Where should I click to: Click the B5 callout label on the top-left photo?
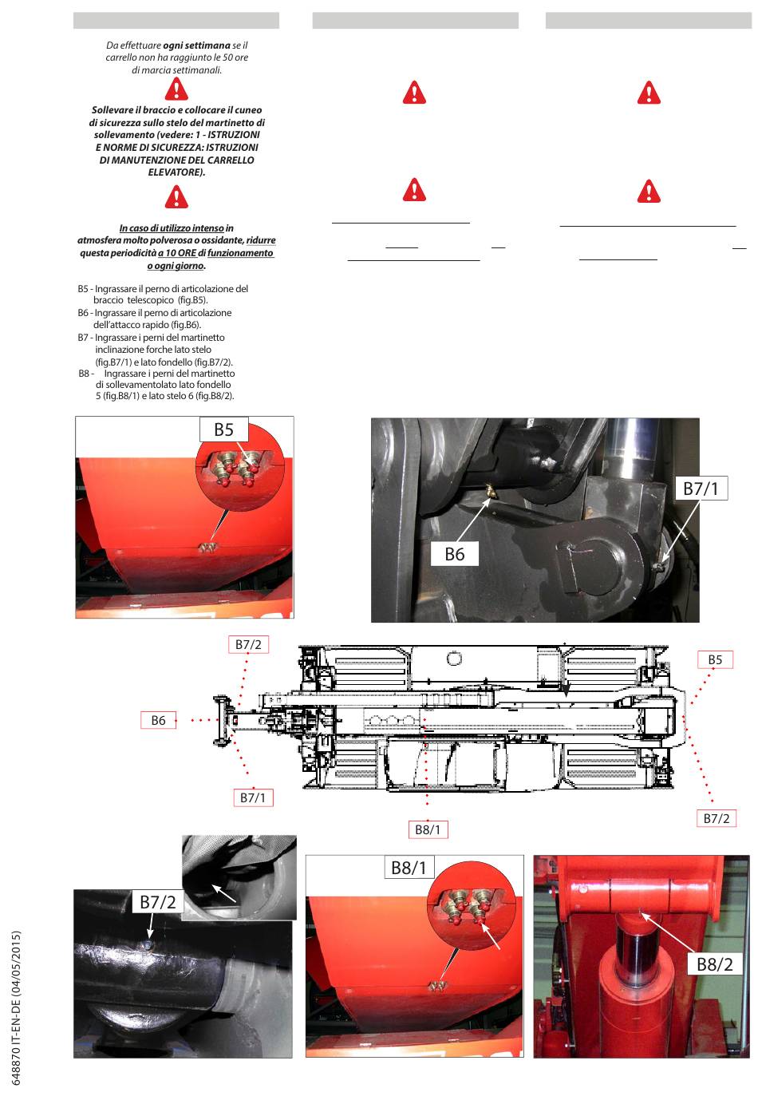coord(223,429)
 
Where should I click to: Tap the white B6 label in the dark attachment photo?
coord(454,554)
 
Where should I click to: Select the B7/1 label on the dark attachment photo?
coord(701,489)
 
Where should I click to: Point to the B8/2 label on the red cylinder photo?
coord(714,963)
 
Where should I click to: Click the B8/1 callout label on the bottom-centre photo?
coord(409,868)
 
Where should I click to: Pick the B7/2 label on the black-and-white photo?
coord(157,902)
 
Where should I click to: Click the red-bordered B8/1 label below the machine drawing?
coord(428,829)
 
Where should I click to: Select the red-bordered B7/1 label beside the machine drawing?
coord(253,797)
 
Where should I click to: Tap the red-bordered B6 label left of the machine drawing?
coord(159,720)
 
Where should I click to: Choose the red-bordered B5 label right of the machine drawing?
coord(715,659)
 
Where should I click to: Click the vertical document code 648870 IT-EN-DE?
coord(17,1007)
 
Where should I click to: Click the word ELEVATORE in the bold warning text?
coord(176,172)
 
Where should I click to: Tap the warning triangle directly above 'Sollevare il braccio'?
coord(176,89)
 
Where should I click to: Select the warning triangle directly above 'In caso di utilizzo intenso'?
coord(176,196)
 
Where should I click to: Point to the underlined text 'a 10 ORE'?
coord(177,253)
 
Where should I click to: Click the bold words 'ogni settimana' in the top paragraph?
coord(196,46)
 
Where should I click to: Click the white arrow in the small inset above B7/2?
coord(224,893)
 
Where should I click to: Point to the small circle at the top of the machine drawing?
coord(454,659)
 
